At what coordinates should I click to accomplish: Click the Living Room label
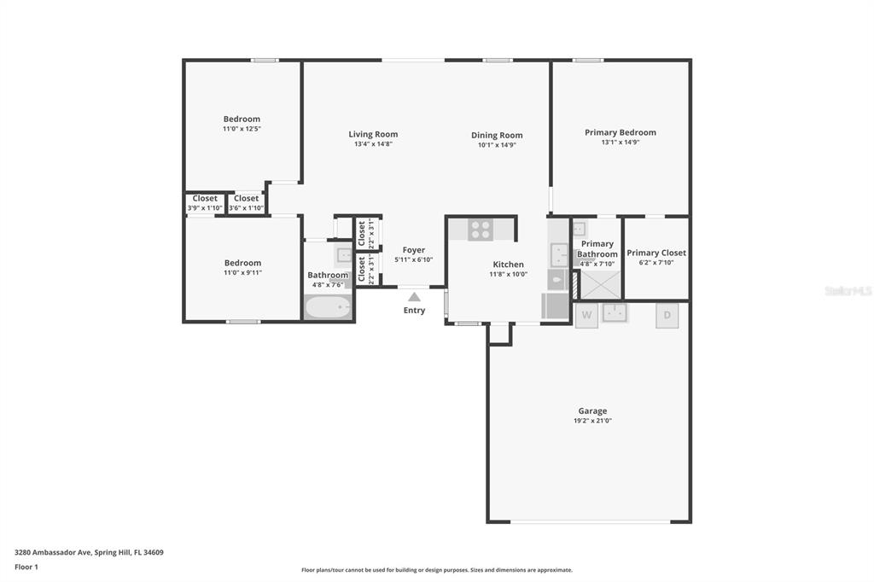pos(373,134)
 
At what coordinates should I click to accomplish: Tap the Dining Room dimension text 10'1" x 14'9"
pos(497,145)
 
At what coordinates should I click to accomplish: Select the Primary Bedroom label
pos(621,132)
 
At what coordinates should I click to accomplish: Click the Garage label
pos(592,410)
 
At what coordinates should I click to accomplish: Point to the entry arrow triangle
pos(414,297)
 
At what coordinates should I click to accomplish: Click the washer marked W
pos(586,316)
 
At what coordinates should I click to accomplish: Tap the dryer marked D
pos(667,316)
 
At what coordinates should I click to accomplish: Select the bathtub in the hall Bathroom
pos(328,307)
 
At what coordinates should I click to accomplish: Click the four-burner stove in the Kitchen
pos(481,230)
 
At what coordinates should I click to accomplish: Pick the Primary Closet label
pos(656,253)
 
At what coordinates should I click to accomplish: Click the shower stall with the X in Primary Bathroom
pos(601,284)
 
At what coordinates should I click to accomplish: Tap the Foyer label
pos(414,250)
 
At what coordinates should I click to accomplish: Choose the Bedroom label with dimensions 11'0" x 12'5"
pos(242,119)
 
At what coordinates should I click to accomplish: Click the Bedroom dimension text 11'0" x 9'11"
pos(242,272)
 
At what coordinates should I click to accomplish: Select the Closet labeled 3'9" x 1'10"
pos(205,203)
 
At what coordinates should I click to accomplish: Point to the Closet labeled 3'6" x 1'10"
pos(246,203)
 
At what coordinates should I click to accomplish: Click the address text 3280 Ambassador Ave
pos(53,553)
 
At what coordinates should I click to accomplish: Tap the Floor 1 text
pos(26,567)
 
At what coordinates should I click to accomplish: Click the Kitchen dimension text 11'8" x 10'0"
pos(509,274)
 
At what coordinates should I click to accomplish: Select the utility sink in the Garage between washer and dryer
pos(615,312)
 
